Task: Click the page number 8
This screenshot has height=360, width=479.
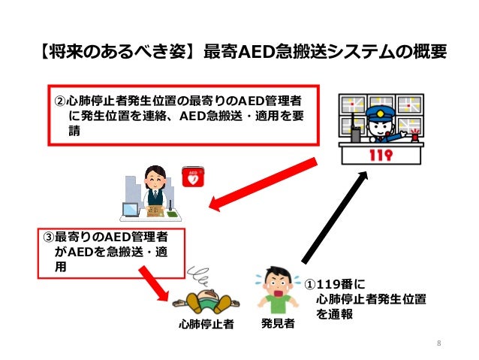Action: click(x=438, y=344)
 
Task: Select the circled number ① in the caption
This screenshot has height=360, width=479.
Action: click(x=311, y=284)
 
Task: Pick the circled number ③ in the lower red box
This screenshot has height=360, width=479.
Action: click(x=49, y=238)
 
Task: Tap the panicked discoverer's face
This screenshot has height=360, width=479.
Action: click(x=278, y=282)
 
